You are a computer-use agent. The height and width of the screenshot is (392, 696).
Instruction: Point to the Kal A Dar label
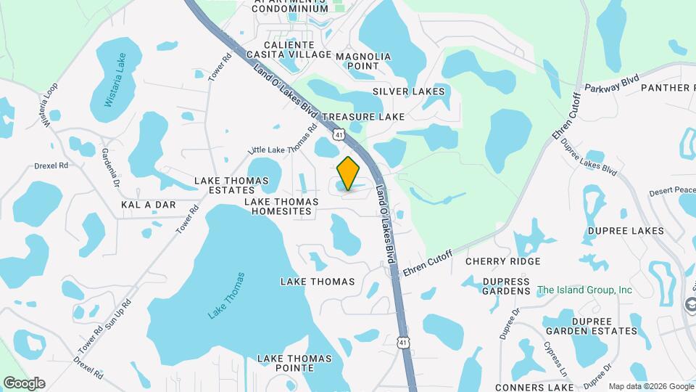pos(149,205)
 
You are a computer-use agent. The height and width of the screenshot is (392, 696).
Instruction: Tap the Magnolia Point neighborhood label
pos(363,61)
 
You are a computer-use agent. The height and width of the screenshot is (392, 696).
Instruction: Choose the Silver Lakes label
pos(408,92)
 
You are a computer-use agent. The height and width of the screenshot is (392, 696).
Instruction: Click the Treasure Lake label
pos(362,116)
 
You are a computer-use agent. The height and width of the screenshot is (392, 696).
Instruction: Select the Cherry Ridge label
pos(502,261)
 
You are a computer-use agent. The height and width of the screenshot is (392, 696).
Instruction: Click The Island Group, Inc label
pos(584,290)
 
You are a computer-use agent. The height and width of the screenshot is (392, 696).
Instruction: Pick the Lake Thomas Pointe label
pos(295,364)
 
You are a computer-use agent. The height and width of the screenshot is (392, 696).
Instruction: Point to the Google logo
pos(24,383)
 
